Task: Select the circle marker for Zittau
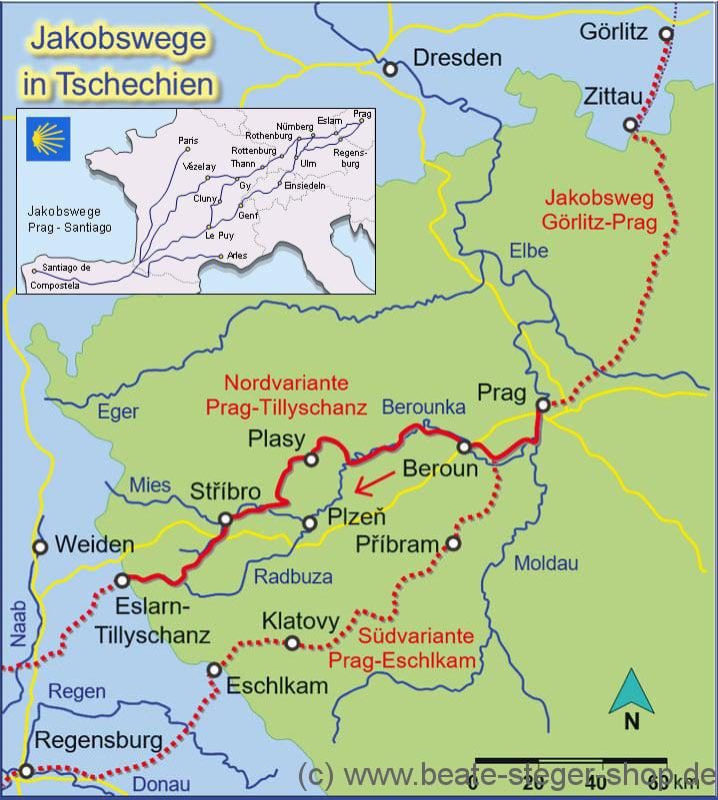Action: pos(629,125)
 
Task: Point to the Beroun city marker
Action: pos(465,445)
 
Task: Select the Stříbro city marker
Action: pos(225,518)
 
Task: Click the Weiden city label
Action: pos(95,544)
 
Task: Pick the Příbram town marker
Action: pos(453,543)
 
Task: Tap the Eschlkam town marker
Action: pos(213,669)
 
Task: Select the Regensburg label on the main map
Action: pos(97,740)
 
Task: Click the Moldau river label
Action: pos(545,564)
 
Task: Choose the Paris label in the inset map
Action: pos(188,141)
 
